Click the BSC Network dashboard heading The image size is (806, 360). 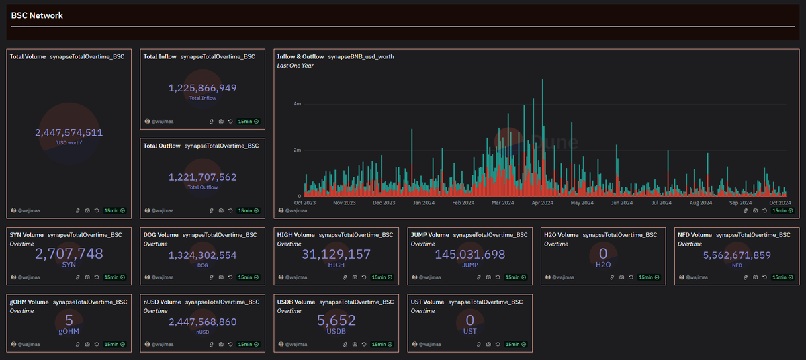[x=37, y=15]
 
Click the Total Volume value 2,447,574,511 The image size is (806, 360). [x=69, y=133]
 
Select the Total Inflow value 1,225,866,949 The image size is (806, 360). [x=202, y=88]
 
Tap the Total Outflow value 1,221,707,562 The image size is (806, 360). [x=202, y=177]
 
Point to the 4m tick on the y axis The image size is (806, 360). [x=296, y=104]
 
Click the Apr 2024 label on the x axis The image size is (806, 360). [x=543, y=202]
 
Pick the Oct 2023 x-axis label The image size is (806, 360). [x=306, y=202]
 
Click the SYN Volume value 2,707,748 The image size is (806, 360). [x=69, y=254]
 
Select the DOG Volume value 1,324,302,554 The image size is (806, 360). [x=202, y=255]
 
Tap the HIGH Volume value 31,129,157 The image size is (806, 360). [x=336, y=254]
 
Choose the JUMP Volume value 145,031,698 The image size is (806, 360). [x=469, y=255]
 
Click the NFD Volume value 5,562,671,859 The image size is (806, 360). [x=736, y=255]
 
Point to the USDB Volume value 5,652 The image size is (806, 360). [x=336, y=320]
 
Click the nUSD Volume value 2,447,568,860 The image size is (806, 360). [x=202, y=322]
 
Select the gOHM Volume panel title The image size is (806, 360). [x=29, y=302]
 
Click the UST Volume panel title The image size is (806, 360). [x=427, y=302]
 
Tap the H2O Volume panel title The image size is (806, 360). [x=562, y=235]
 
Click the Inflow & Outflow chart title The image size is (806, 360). [x=300, y=57]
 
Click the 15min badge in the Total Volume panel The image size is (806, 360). [x=114, y=210]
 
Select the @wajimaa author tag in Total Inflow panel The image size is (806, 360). [x=162, y=122]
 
